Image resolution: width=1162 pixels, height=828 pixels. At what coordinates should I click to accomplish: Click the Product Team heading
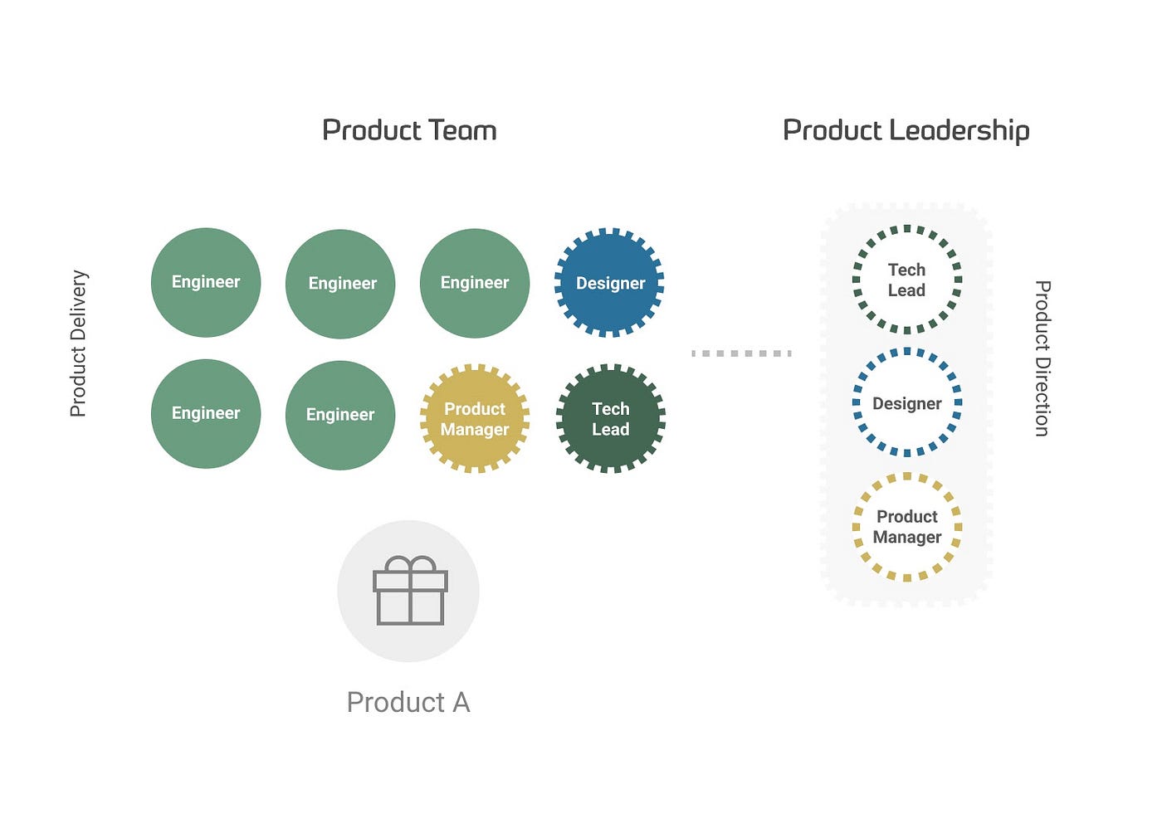(409, 130)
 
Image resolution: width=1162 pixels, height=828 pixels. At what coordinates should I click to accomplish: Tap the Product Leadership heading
(906, 130)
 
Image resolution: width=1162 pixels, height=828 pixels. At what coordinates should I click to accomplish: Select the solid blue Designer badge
(610, 283)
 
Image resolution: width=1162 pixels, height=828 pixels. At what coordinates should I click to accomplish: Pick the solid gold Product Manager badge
(475, 418)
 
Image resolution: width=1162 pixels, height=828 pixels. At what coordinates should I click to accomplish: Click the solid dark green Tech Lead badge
(610, 418)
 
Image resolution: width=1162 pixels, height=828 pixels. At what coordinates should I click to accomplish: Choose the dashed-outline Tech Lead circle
(906, 280)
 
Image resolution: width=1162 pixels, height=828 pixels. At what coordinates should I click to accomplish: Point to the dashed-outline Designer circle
(906, 403)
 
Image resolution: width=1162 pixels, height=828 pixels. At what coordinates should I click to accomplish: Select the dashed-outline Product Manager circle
(906, 527)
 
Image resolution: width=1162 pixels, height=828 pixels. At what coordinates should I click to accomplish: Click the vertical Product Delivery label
(78, 343)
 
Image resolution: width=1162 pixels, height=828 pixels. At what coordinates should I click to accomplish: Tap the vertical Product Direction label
(1042, 358)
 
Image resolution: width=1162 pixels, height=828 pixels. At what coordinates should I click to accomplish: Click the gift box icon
(410, 591)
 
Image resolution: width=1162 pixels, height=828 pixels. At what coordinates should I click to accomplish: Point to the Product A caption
(408, 703)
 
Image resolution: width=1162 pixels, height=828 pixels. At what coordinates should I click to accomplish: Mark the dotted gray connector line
(741, 353)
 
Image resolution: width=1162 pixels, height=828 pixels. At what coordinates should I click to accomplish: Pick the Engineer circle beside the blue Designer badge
(475, 283)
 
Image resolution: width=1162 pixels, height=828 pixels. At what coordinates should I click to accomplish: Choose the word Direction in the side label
(1042, 394)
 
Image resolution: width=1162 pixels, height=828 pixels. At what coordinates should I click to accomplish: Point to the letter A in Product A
(461, 703)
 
